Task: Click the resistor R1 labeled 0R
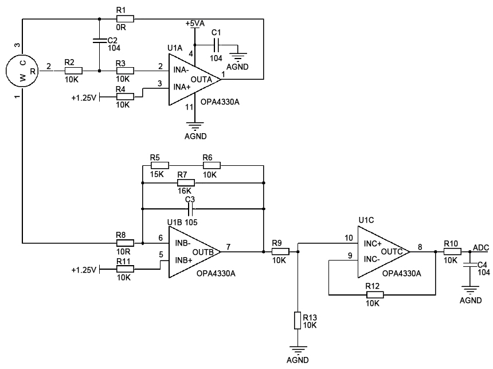(125, 19)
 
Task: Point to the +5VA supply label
(195, 23)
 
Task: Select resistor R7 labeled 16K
(186, 182)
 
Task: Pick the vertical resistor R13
(298, 320)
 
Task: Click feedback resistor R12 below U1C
(374, 295)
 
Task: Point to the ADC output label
(480, 247)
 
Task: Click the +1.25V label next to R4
(84, 97)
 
